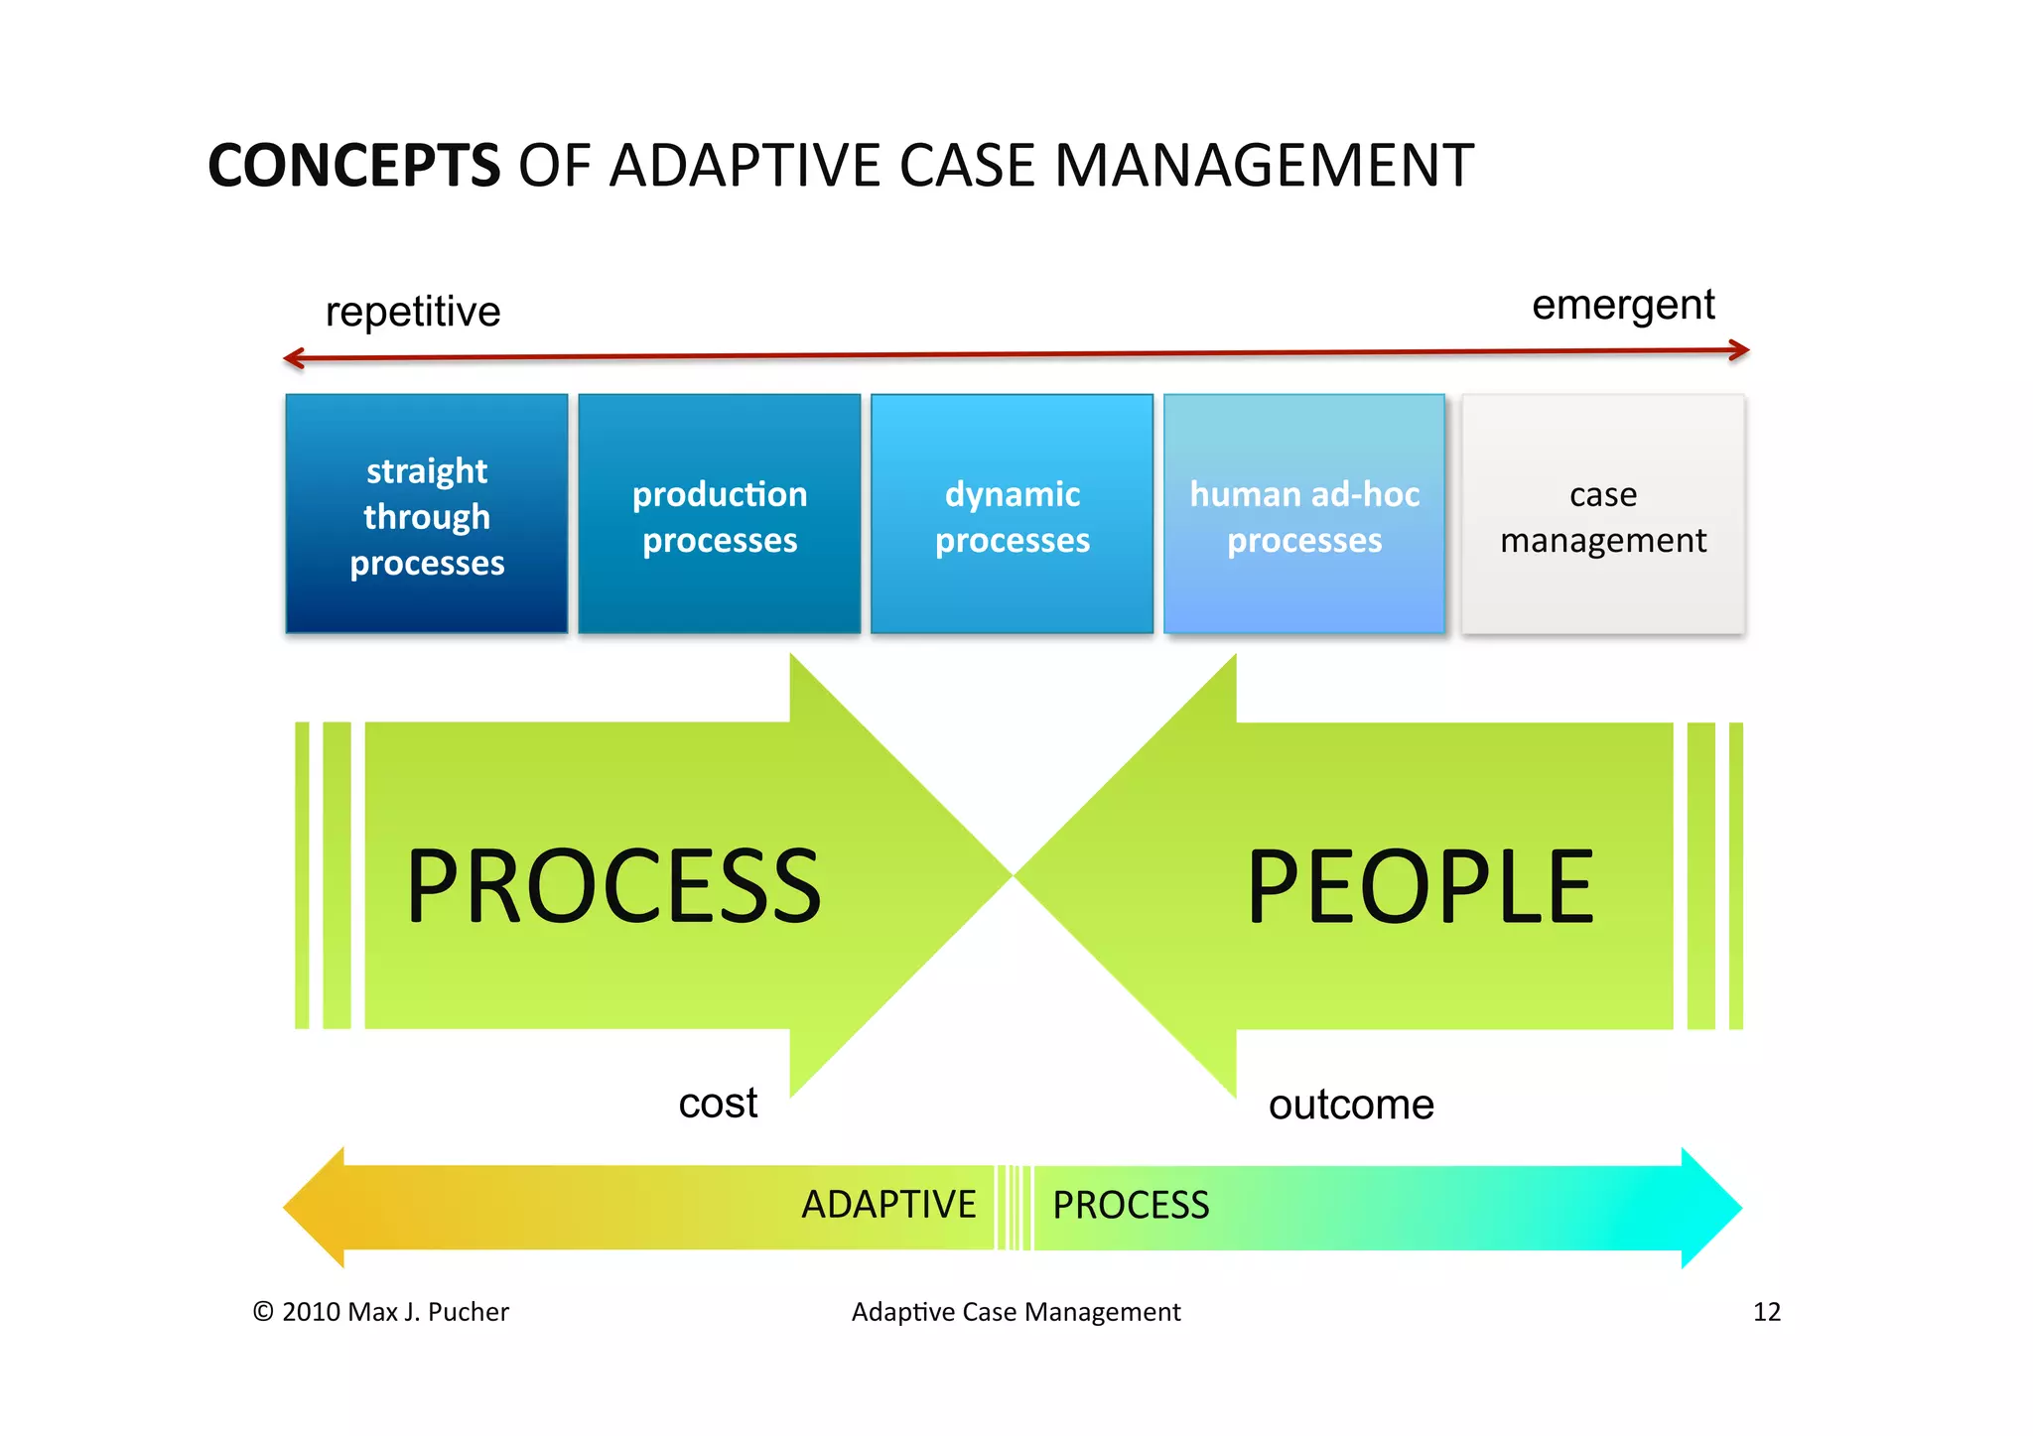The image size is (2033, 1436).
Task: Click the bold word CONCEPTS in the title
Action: click(353, 166)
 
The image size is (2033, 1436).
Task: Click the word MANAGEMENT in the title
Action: click(1263, 166)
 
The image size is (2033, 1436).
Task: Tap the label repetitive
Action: click(413, 312)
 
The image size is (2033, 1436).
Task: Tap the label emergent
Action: click(1622, 305)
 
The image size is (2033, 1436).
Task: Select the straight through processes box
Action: click(427, 514)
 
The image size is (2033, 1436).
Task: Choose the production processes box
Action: click(720, 514)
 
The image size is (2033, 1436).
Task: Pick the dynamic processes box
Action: click(1012, 514)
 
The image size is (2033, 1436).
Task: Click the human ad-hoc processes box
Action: click(1303, 514)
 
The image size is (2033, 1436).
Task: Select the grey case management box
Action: click(1602, 514)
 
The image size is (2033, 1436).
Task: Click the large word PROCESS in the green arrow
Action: click(613, 885)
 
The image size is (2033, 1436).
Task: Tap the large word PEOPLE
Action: click(1420, 885)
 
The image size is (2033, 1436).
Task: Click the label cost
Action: click(718, 1103)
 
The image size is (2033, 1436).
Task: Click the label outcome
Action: click(1351, 1105)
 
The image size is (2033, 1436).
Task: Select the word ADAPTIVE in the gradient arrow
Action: click(888, 1205)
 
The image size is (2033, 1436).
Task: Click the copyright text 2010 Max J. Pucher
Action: click(381, 1312)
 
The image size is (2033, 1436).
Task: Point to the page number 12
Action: click(1766, 1312)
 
